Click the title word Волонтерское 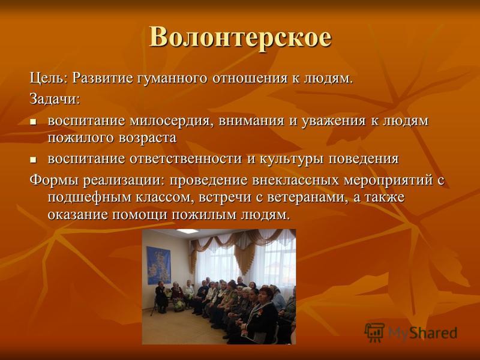click(241, 37)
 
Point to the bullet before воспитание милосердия click(33, 122)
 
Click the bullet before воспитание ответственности click(33, 160)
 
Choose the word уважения click(334, 121)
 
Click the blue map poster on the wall click(158, 265)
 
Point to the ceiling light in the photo click(187, 231)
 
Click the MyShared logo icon click(374, 332)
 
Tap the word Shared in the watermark click(433, 333)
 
